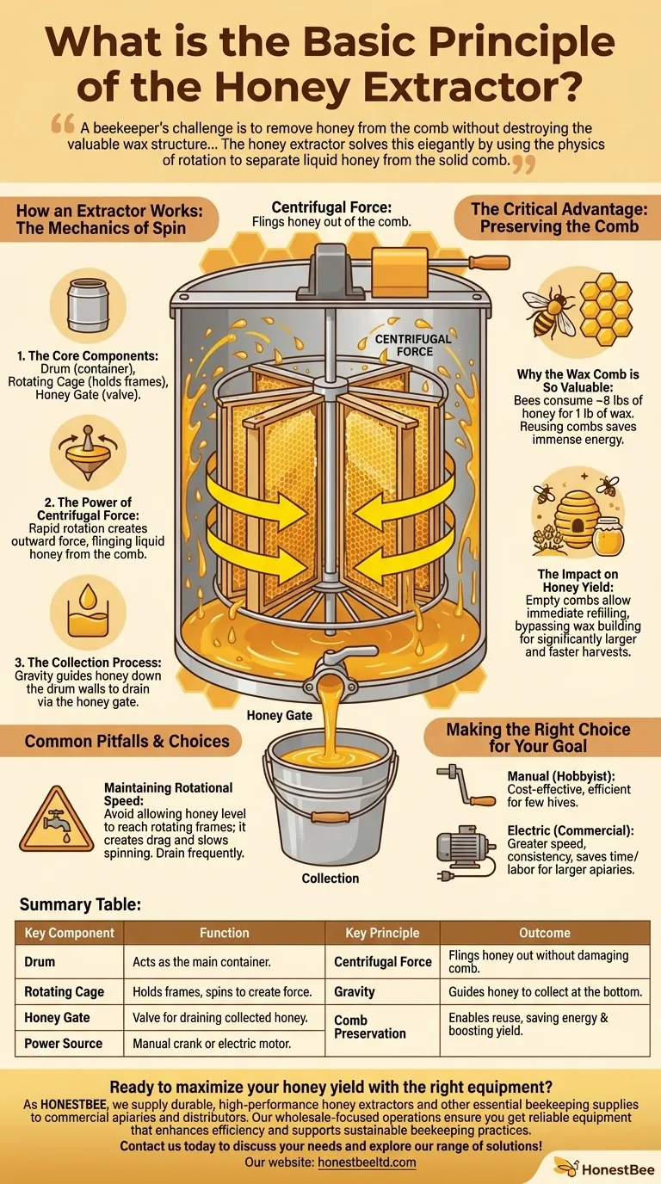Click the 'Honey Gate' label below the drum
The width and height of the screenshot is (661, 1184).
[x=279, y=715]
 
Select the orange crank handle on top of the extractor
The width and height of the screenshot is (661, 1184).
[x=490, y=262]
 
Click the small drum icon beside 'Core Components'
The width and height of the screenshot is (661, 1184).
[x=88, y=305]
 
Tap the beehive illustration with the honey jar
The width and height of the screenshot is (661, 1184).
[x=579, y=520]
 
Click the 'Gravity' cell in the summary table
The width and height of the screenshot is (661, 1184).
[x=355, y=991]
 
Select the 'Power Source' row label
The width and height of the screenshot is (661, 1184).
[x=64, y=1044]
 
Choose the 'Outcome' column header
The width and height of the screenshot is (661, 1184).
[x=545, y=933]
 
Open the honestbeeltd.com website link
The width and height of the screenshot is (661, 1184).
[x=367, y=1162]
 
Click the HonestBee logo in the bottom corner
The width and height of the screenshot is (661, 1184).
[x=604, y=1168]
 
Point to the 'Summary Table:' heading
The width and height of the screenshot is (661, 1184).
[x=80, y=904]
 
